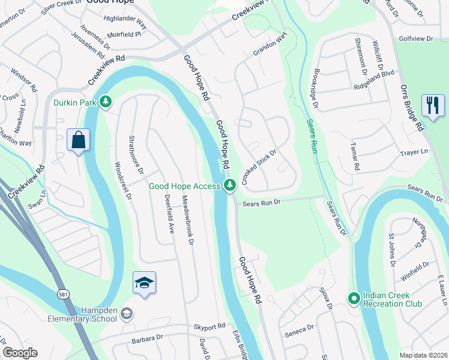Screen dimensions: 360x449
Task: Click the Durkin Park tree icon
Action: [x=106, y=102]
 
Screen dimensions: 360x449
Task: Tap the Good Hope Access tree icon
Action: [x=229, y=186]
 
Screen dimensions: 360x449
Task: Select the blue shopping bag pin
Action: [x=78, y=141]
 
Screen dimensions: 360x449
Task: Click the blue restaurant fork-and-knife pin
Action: [x=433, y=106]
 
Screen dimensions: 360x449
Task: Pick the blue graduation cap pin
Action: [x=144, y=283]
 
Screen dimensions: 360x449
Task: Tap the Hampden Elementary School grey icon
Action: [x=126, y=313]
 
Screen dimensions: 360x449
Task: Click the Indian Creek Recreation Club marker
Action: [x=354, y=298]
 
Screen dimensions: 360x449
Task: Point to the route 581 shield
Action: [x=62, y=294]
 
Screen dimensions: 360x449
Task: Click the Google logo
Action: [x=20, y=353]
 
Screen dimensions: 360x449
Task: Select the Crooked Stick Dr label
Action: [x=259, y=167]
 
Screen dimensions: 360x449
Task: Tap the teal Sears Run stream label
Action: [x=311, y=136]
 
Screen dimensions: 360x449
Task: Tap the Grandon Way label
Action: [x=267, y=47]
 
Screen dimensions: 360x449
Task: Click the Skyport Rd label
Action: [x=209, y=325]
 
